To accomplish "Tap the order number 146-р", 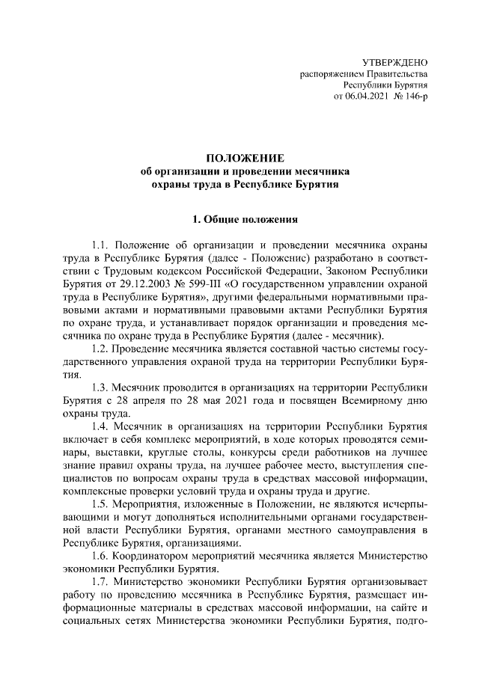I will [413, 97].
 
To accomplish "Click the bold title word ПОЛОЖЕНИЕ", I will [245, 158].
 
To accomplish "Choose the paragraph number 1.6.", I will [101, 557].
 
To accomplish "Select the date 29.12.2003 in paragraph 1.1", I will [144, 286].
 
